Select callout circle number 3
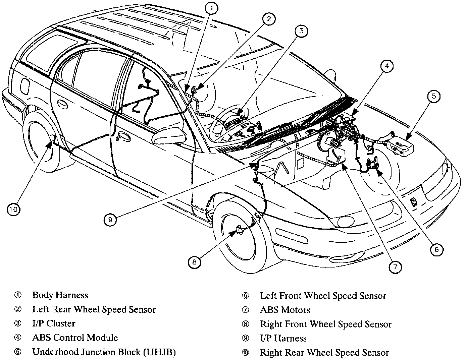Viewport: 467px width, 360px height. (302, 31)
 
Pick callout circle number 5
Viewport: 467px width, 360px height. (434, 97)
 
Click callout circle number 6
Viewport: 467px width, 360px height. (436, 249)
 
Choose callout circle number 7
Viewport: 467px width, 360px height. (395, 267)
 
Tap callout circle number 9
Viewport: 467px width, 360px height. (110, 220)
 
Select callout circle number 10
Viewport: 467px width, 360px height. (13, 210)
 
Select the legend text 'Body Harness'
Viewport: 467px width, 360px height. (60, 295)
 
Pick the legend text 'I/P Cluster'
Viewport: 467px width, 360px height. (54, 324)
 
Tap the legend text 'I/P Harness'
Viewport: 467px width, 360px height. (283, 339)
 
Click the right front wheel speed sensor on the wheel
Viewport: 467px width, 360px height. (240, 230)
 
